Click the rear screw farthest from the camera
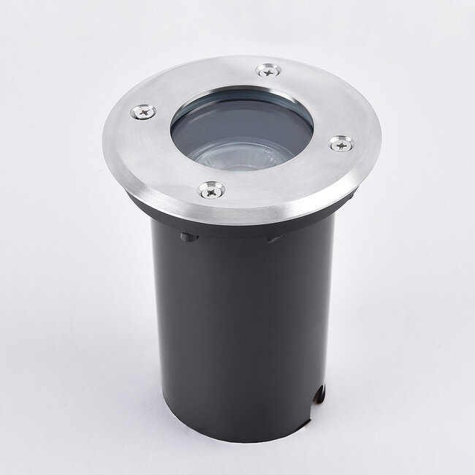point(268,70)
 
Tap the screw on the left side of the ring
point(143,112)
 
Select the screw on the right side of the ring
point(341,143)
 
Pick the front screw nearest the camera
point(211,190)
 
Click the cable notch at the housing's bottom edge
point(319,395)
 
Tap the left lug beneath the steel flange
point(189,237)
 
